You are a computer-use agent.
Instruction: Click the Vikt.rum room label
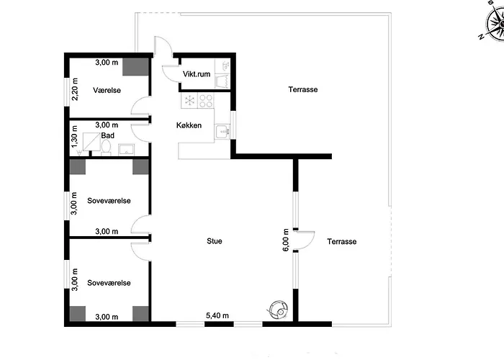point(197,74)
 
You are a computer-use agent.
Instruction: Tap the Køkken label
point(189,125)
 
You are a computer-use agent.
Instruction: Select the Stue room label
point(215,241)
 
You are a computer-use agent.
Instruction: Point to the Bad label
point(108,135)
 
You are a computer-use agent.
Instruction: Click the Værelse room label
point(107,90)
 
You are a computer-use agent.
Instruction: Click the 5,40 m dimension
point(217,315)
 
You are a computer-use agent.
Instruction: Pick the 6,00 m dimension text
point(285,240)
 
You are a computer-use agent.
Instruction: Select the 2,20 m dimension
point(75,89)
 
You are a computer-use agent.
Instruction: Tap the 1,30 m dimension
point(74,137)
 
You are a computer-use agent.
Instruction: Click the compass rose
point(495,22)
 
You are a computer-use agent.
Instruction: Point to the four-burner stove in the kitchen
point(206,100)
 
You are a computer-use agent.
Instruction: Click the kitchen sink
point(222,132)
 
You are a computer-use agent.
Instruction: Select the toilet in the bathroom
point(106,148)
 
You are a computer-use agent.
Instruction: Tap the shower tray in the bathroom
point(91,142)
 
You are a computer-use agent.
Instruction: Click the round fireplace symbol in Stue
point(278,309)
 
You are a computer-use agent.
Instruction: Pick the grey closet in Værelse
point(135,67)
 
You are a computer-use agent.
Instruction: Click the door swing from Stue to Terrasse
point(304,240)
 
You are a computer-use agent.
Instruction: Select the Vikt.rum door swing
point(171,74)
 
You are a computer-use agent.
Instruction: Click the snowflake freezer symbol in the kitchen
point(189,100)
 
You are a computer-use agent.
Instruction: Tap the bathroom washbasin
point(126,150)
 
